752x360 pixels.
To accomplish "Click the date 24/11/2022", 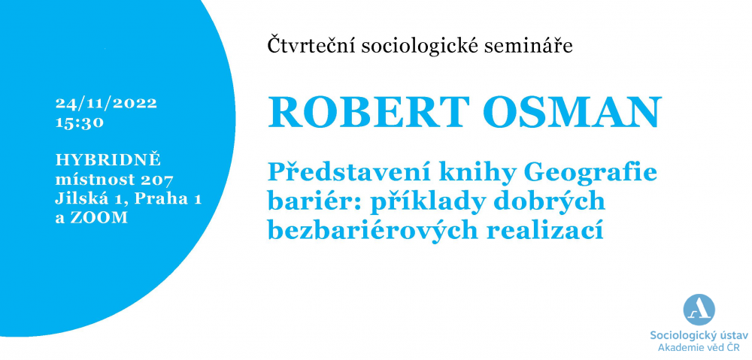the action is [107, 104].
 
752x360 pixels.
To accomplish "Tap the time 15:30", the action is [80, 123].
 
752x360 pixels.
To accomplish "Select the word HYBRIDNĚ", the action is [108, 159].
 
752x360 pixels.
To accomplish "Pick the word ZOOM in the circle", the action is [99, 218].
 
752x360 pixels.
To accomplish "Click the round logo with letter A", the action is [699, 310].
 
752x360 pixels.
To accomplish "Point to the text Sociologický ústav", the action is [699, 335].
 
